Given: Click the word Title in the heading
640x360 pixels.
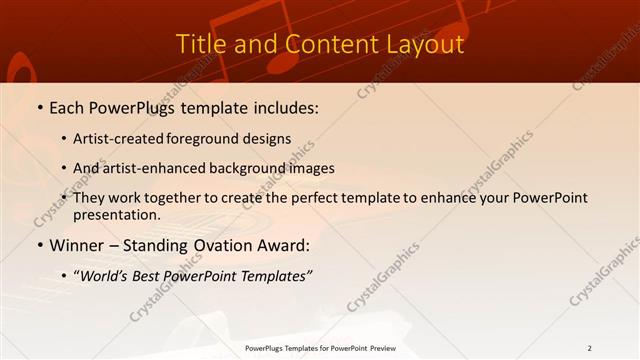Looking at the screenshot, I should [x=199, y=45].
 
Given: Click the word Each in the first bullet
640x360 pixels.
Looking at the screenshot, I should [x=68, y=107].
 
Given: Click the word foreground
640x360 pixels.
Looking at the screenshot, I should [x=206, y=139].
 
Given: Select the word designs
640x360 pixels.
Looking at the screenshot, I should [x=269, y=139].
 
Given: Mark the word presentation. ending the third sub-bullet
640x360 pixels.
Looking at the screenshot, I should [x=117, y=215].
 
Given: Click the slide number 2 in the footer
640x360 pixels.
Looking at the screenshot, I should [x=590, y=348].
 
